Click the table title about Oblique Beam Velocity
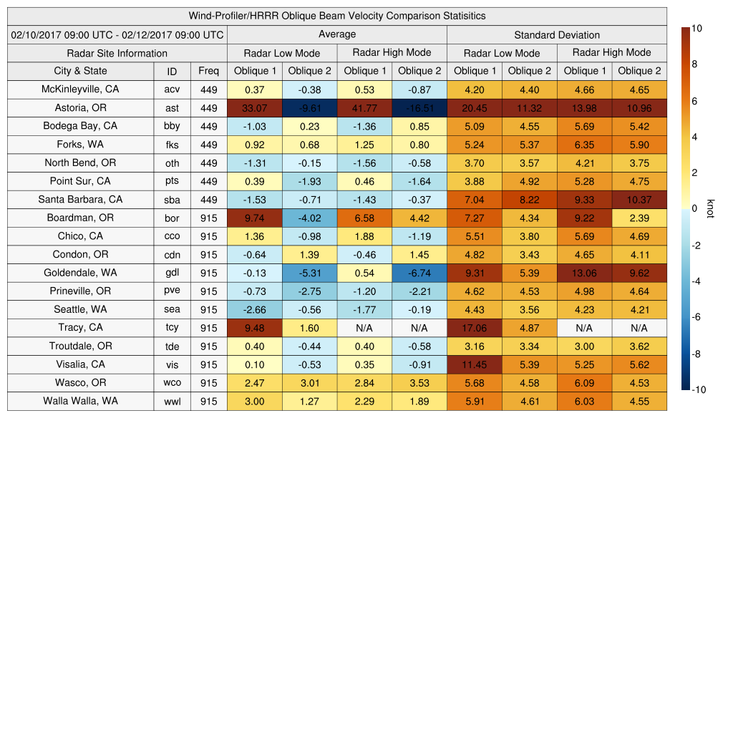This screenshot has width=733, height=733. tap(337, 16)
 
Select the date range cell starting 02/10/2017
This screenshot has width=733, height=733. tap(117, 34)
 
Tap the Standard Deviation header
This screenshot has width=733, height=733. tap(557, 35)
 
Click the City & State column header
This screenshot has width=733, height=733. tap(80, 71)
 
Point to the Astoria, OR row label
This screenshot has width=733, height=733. tap(80, 108)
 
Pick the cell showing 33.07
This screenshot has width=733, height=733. tap(255, 108)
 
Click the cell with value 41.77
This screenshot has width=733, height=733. tap(364, 108)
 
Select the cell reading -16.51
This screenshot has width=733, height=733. tap(419, 108)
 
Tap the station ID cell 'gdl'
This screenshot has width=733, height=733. tap(172, 273)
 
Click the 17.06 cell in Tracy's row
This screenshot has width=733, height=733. tap(474, 328)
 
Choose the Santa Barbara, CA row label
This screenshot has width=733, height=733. tap(80, 200)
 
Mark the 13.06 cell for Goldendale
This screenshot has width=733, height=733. tap(584, 273)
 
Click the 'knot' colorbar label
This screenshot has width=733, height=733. tap(710, 208)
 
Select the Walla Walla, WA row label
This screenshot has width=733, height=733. tap(80, 401)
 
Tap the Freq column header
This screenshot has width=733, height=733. tap(208, 71)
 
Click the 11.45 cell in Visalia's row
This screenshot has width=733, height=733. tap(474, 364)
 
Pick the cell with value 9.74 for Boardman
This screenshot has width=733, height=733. tap(255, 218)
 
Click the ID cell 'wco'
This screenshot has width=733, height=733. tap(172, 383)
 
